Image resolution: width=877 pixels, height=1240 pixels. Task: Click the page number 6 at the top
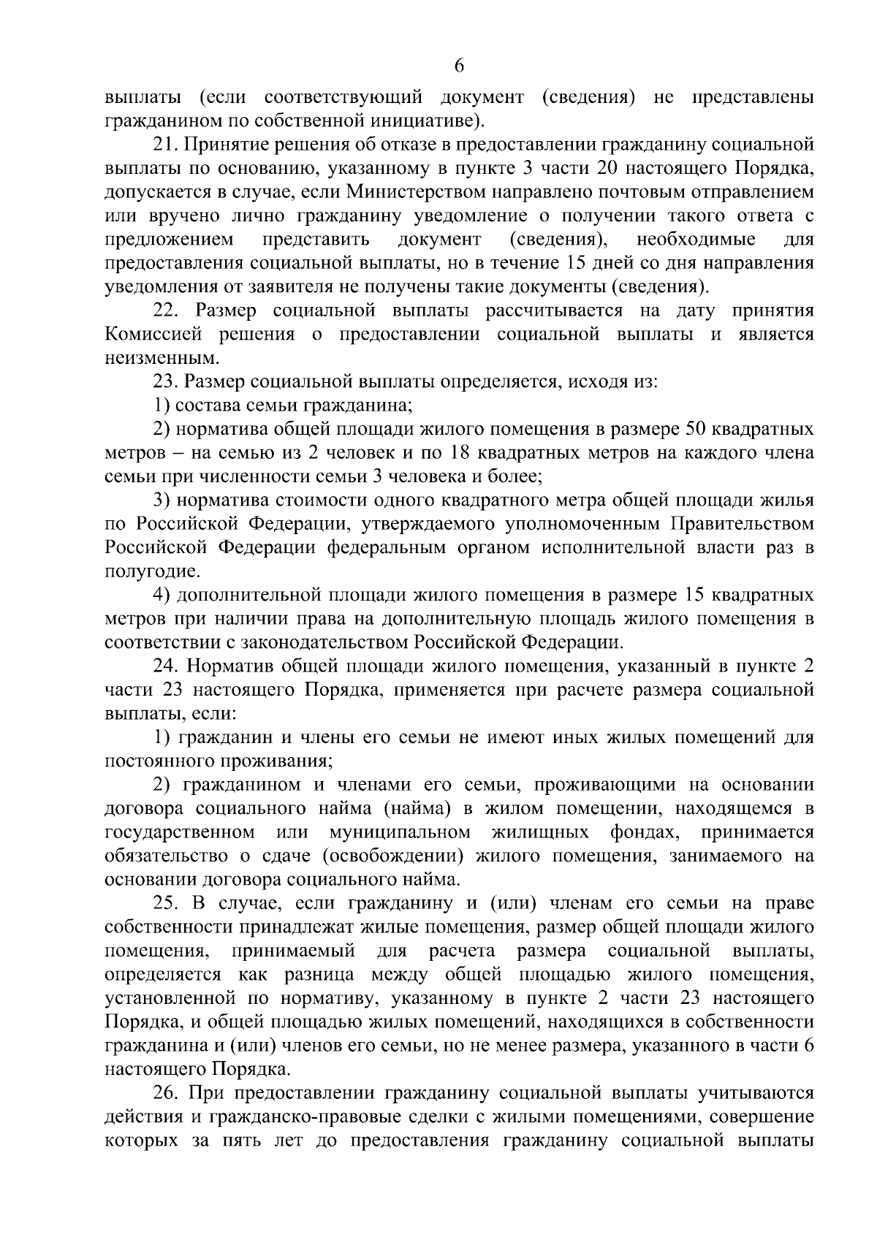coord(459,66)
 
